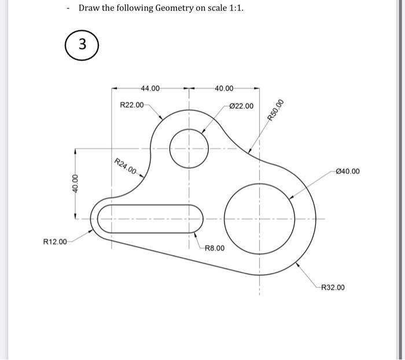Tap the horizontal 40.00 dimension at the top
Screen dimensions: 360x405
coord(223,89)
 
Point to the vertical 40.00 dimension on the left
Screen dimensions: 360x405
coord(74,183)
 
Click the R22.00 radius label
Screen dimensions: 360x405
coord(131,105)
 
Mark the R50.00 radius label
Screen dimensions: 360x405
coord(276,110)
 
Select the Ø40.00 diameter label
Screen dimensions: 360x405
coord(347,171)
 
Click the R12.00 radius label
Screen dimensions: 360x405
coord(56,241)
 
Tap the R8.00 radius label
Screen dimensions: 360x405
coord(214,248)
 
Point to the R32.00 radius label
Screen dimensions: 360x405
coord(333,287)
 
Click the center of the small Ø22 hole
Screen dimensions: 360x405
coord(189,147)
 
